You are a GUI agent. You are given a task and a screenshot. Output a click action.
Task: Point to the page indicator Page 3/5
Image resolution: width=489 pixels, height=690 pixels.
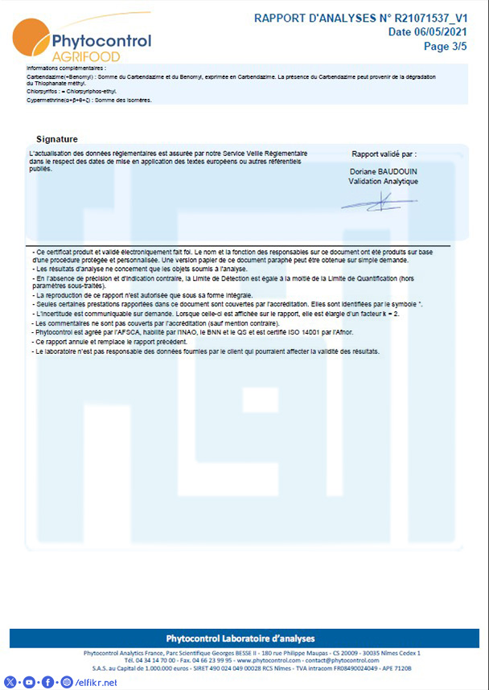point(446,46)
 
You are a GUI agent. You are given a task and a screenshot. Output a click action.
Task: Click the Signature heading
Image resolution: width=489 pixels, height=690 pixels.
point(57,139)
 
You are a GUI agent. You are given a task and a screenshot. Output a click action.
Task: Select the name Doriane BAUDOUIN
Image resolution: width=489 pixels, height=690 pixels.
point(383,172)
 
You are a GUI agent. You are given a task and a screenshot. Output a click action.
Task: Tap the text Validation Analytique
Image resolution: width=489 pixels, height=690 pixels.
point(383,182)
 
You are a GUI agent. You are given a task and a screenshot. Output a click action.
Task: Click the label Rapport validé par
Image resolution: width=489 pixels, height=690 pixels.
point(384,154)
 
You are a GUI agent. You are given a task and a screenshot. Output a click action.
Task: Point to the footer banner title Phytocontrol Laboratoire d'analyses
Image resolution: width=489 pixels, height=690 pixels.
point(240,638)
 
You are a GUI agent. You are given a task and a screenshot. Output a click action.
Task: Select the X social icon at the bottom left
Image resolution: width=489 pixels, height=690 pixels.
point(10,683)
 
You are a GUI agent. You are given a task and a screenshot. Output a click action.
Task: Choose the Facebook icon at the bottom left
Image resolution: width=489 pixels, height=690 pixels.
point(47,683)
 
